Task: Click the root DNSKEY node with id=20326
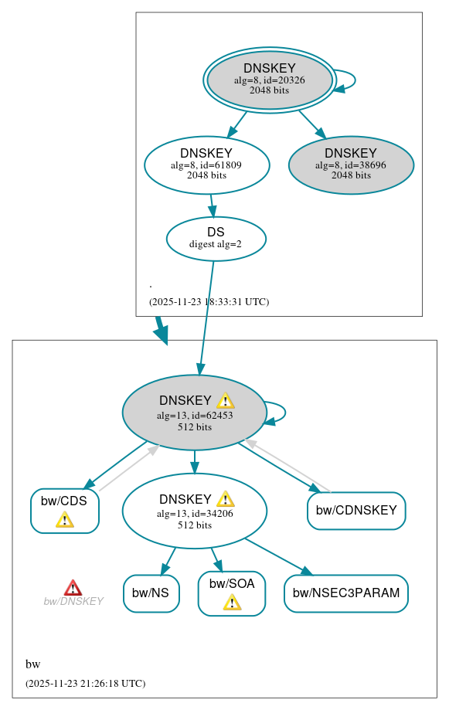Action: (x=269, y=80)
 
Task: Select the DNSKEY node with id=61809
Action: (x=206, y=165)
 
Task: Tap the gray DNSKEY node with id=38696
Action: (x=351, y=165)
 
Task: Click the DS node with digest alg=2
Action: (x=216, y=239)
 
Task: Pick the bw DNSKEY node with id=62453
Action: (x=194, y=413)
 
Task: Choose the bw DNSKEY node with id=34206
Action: (x=194, y=511)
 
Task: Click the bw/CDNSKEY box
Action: (x=356, y=511)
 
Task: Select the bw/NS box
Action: (x=151, y=593)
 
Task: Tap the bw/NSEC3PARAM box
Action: (x=345, y=593)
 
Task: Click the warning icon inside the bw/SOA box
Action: (x=232, y=603)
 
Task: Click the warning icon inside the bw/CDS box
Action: (x=65, y=520)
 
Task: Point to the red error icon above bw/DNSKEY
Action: (x=73, y=588)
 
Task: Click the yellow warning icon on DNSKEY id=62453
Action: (x=226, y=400)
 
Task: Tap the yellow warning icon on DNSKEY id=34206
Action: (x=226, y=499)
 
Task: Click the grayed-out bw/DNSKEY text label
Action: (x=73, y=602)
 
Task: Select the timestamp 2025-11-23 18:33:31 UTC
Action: (x=209, y=302)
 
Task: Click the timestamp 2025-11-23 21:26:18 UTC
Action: (x=85, y=684)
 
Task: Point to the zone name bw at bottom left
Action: (x=32, y=664)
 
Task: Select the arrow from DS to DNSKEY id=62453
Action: (x=206, y=317)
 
